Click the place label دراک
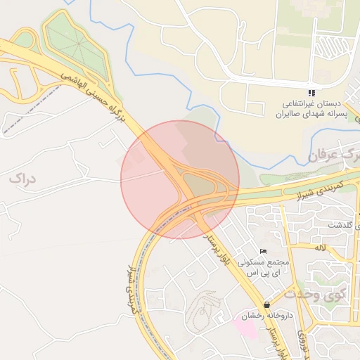pyautogui.click(x=22, y=179)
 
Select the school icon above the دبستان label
pyautogui.click(x=311, y=93)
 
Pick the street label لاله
pyautogui.click(x=321, y=247)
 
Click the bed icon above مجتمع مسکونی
pyautogui.click(x=263, y=252)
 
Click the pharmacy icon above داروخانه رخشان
pyautogui.click(x=266, y=305)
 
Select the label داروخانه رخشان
pyautogui.click(x=266, y=316)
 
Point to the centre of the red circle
pyautogui.click(x=180, y=179)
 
